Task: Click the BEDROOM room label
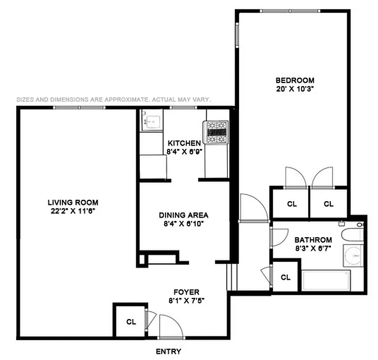click(x=294, y=81)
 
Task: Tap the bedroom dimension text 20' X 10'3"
click(x=294, y=89)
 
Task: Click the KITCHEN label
click(x=184, y=143)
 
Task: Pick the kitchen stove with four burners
click(x=218, y=133)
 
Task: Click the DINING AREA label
click(x=184, y=215)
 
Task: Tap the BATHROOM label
click(x=313, y=240)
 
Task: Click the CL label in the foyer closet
click(x=131, y=322)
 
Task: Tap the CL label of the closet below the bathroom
click(x=285, y=277)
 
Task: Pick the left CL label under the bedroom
click(x=292, y=204)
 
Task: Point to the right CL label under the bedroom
click(x=329, y=204)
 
